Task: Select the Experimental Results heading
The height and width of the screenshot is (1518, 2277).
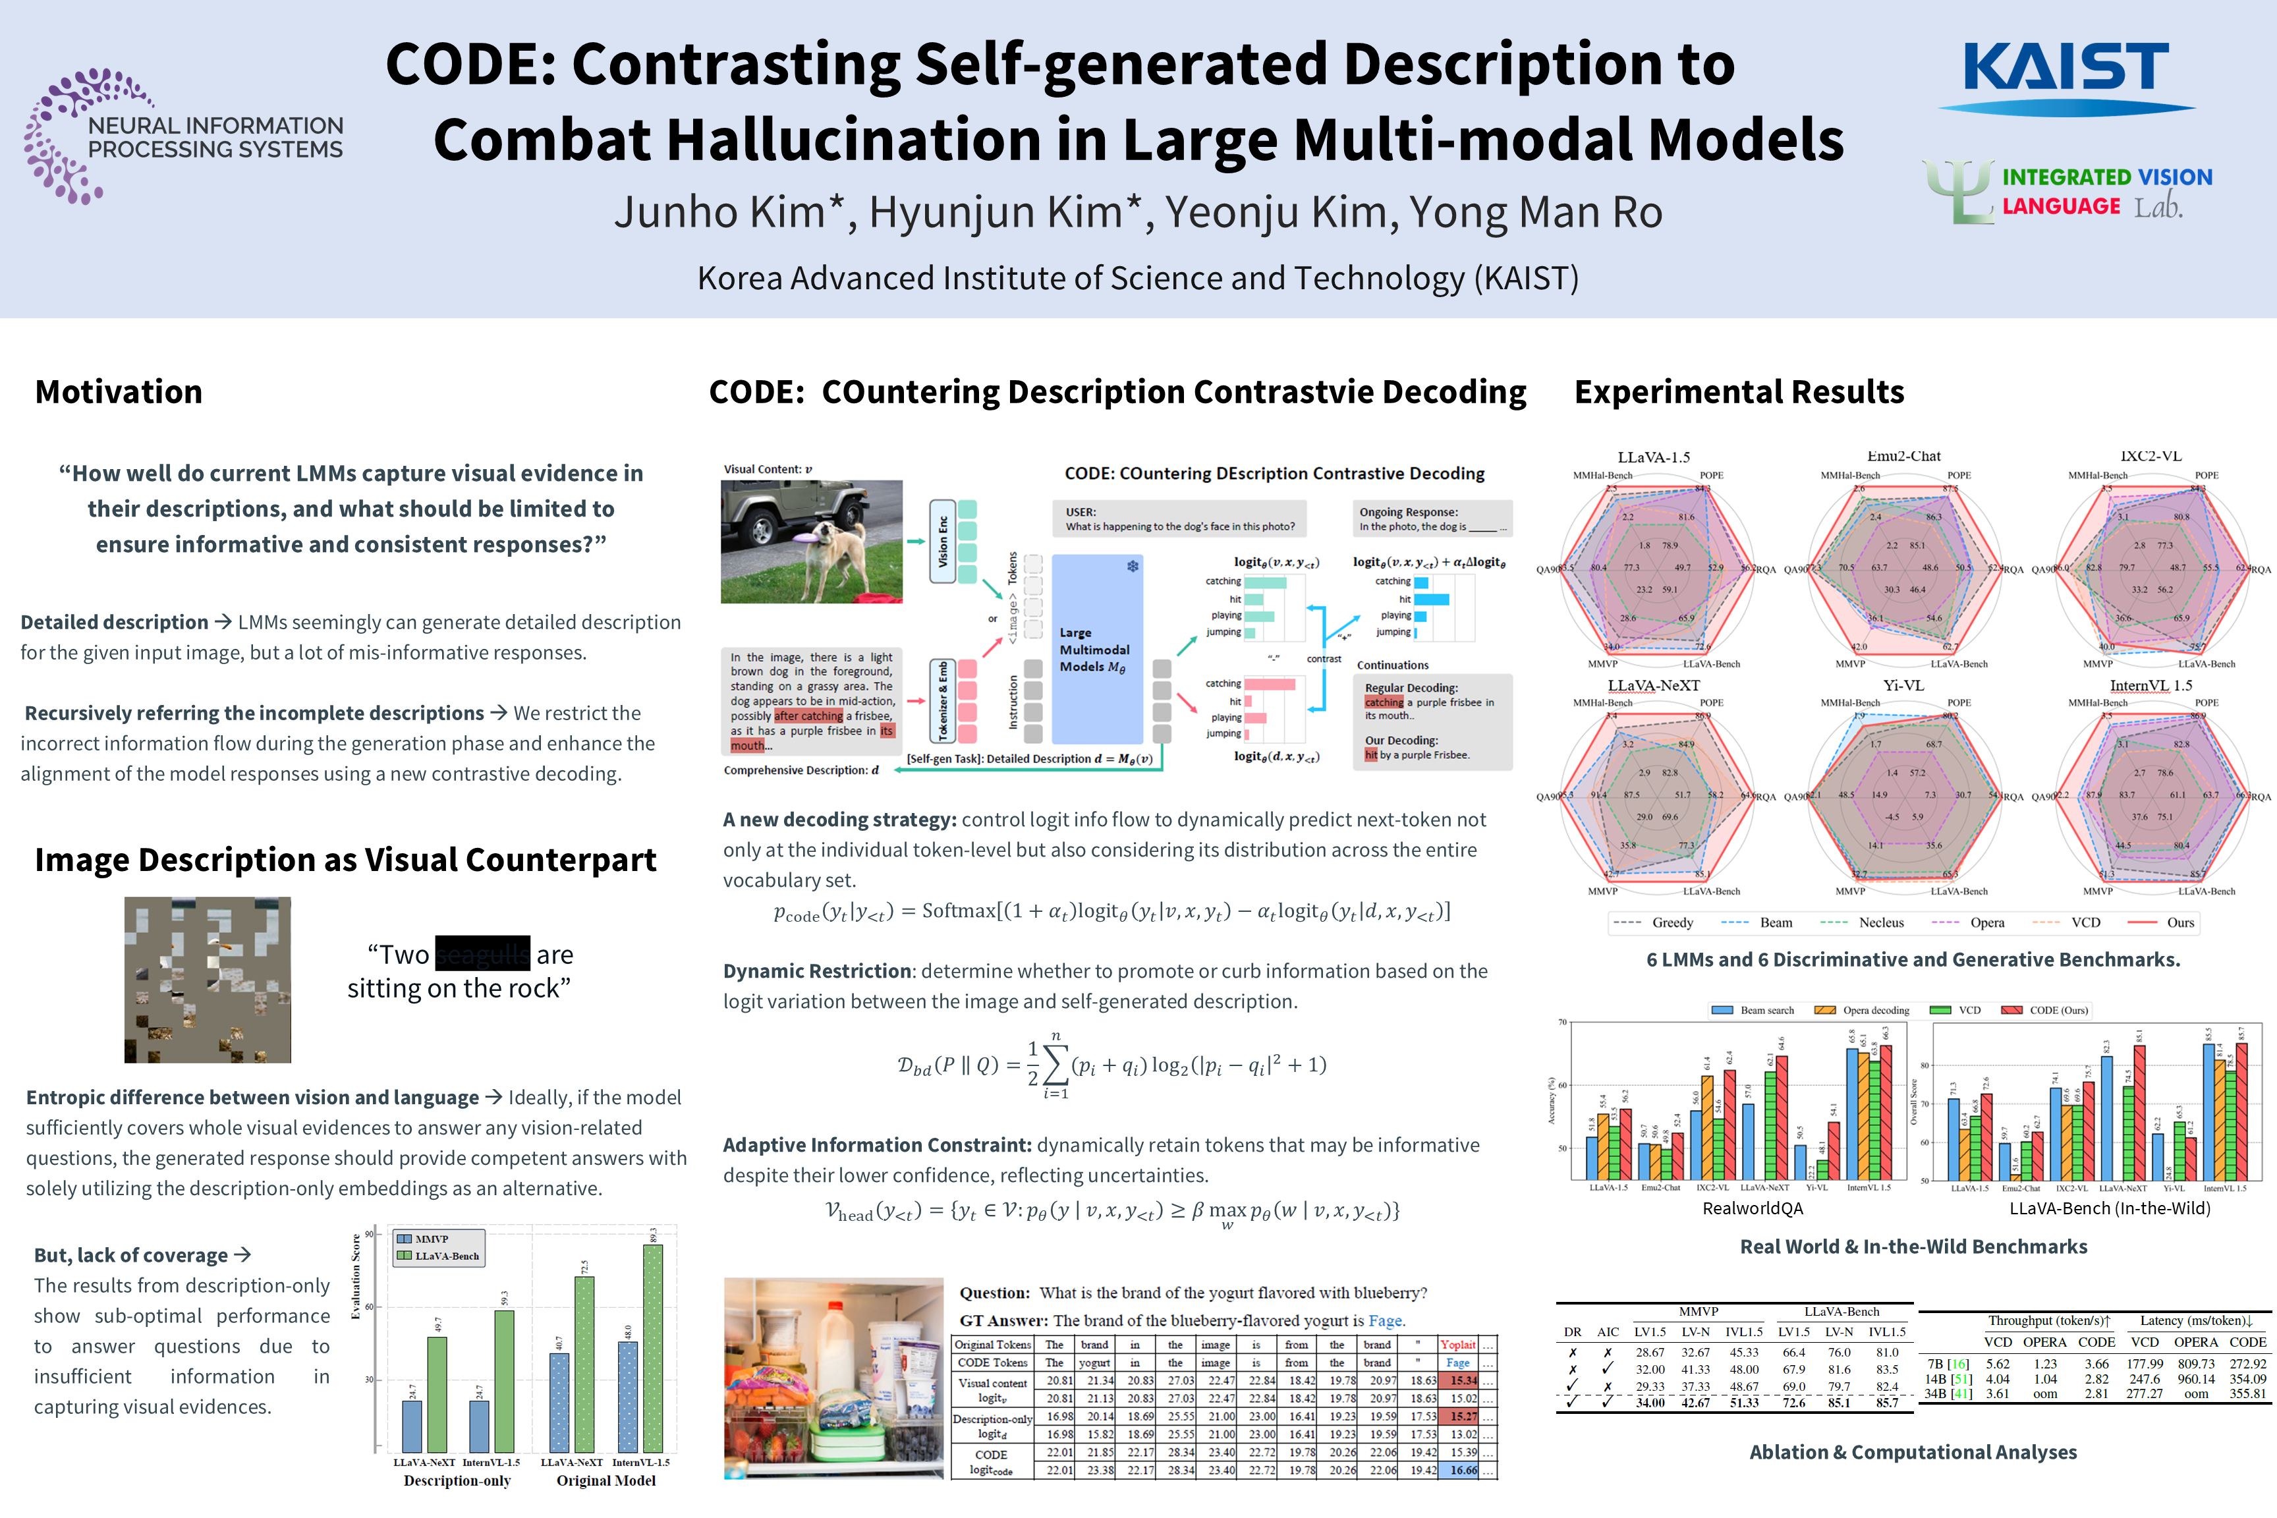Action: click(x=1739, y=392)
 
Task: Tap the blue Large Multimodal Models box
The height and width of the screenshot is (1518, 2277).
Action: click(x=1097, y=648)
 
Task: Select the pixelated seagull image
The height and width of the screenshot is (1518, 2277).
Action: click(x=207, y=980)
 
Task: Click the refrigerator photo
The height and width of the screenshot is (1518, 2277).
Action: click(x=833, y=1378)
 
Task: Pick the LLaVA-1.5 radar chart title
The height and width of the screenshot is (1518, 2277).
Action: click(x=1654, y=457)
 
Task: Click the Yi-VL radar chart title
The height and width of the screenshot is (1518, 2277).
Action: click(x=1903, y=685)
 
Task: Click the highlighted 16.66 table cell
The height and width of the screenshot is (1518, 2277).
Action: click(x=1463, y=1470)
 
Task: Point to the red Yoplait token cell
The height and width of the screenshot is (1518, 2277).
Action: click(x=1457, y=1345)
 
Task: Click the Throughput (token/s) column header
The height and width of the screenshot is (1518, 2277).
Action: click(x=2048, y=1320)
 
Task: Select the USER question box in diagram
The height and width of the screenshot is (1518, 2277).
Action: click(x=1179, y=519)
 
